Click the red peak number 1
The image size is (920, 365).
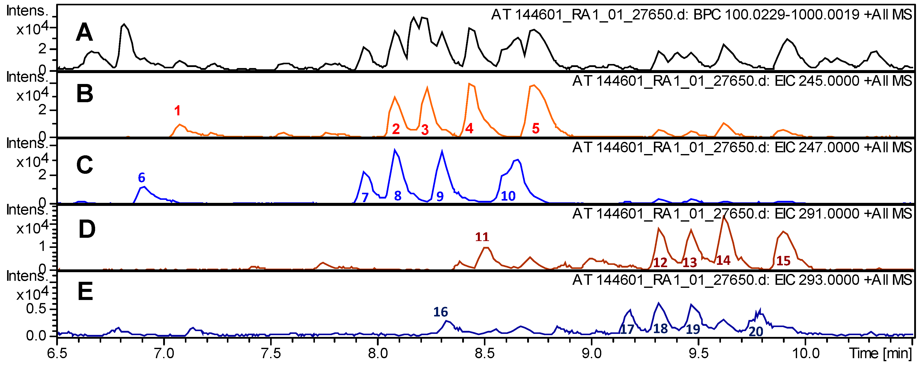tap(177, 111)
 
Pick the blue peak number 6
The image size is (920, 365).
tap(141, 178)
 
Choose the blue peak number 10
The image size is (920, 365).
tap(508, 196)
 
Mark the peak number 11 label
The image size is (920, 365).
tap(482, 237)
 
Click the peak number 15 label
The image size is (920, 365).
tap(783, 261)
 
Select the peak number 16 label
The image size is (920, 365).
tap(440, 312)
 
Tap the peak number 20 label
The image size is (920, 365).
tap(756, 331)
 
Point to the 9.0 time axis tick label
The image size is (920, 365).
tap(591, 354)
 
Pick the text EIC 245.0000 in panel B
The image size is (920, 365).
tap(817, 81)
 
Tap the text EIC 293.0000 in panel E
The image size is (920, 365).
tap(817, 280)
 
